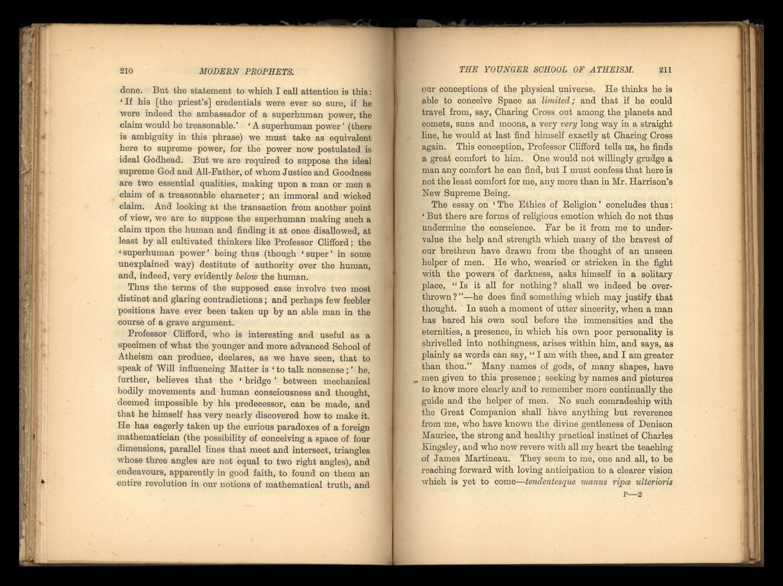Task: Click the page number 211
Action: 665,70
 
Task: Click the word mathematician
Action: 148,439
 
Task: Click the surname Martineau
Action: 488,459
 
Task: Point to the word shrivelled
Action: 442,344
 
